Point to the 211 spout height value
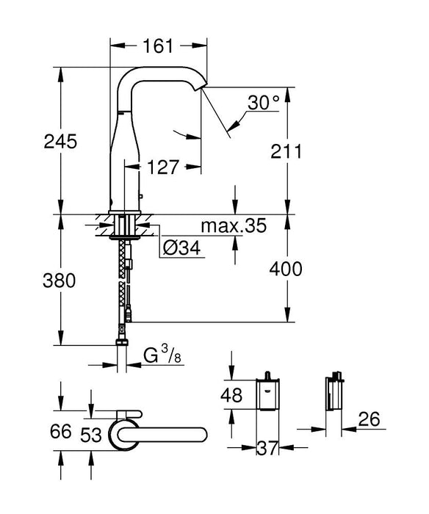[x=286, y=152]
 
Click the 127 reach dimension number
[x=163, y=167]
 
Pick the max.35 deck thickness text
[x=234, y=225]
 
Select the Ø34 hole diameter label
[x=181, y=249]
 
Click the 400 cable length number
[x=286, y=269]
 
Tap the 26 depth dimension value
[x=372, y=419]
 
